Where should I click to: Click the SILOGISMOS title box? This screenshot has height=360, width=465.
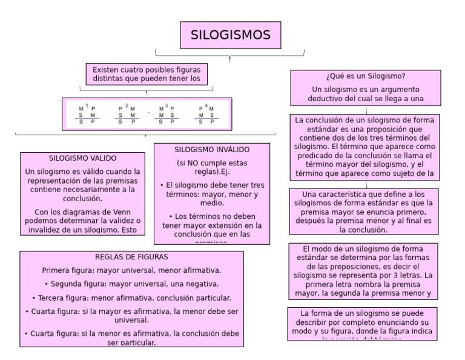pos(230,35)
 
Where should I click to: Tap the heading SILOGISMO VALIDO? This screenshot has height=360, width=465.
pos(82,158)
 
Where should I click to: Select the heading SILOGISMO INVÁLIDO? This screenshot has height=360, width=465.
pos(212,150)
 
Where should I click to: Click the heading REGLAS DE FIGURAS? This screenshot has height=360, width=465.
pos(131,257)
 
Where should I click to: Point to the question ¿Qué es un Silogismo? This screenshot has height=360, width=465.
pos(365,76)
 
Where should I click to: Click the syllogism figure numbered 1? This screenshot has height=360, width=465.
pos(87,115)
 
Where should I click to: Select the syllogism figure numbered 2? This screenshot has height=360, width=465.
pos(127,115)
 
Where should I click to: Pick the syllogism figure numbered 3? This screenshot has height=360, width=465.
pos(167,115)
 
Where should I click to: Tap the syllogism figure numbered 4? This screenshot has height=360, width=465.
pos(206,115)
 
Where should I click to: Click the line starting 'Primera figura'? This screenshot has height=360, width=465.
pos(131,270)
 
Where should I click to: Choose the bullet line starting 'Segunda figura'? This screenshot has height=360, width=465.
pos(131,284)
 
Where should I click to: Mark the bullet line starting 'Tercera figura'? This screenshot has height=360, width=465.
pos(131,298)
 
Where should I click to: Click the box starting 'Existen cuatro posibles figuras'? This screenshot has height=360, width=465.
pos(147,74)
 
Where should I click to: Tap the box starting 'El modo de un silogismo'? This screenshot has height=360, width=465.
pos(362,271)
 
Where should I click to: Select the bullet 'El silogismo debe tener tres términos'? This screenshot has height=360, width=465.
pos(212,195)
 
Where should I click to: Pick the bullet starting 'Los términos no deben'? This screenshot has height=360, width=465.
pos(212,225)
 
